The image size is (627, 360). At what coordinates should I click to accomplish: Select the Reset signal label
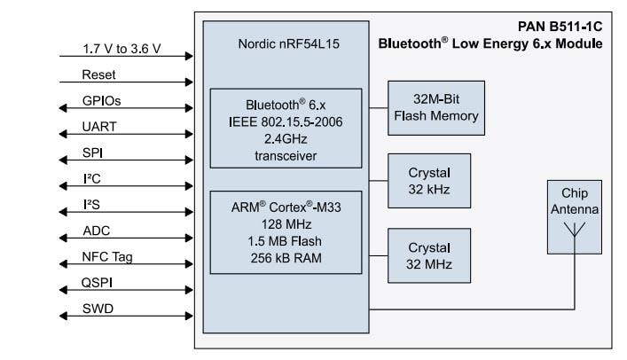click(x=98, y=74)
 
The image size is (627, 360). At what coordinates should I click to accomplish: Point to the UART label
click(x=99, y=127)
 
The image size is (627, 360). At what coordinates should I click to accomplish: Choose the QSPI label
click(x=99, y=283)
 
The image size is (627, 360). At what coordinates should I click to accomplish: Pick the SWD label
click(x=98, y=309)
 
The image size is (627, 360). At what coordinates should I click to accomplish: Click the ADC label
click(x=97, y=231)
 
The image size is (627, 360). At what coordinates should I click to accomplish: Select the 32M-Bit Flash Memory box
click(x=435, y=107)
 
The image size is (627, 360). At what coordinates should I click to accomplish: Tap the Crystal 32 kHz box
click(x=429, y=180)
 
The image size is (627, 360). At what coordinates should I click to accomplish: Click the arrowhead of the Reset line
click(x=188, y=82)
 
